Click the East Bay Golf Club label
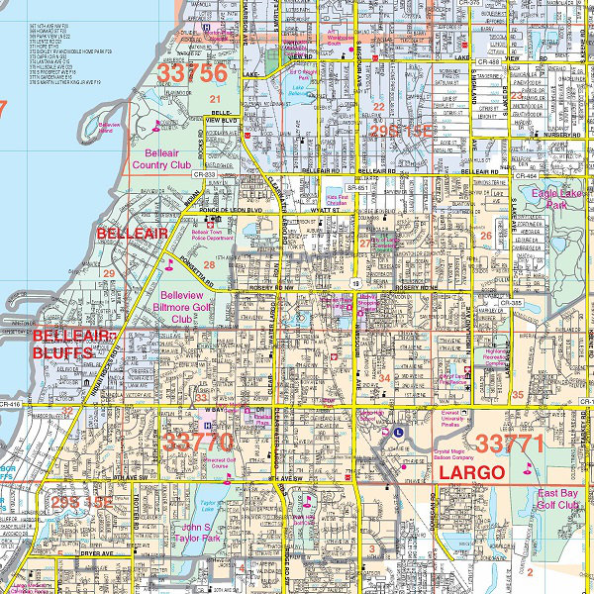tap(557, 499)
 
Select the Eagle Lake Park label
tap(560, 201)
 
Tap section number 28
tap(209, 264)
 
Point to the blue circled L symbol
tap(398, 432)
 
